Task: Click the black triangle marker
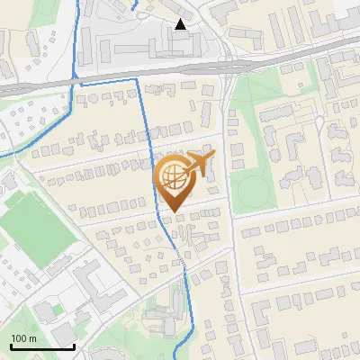pyautogui.click(x=181, y=24)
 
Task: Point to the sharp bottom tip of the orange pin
pyautogui.click(x=174, y=212)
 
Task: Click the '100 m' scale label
pyautogui.click(x=23, y=337)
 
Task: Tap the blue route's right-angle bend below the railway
pyautogui.click(x=138, y=79)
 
